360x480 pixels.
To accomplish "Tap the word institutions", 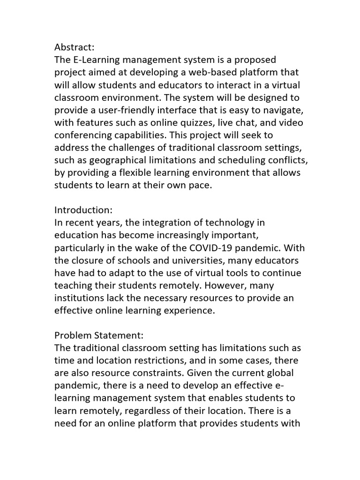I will coord(78,298).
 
